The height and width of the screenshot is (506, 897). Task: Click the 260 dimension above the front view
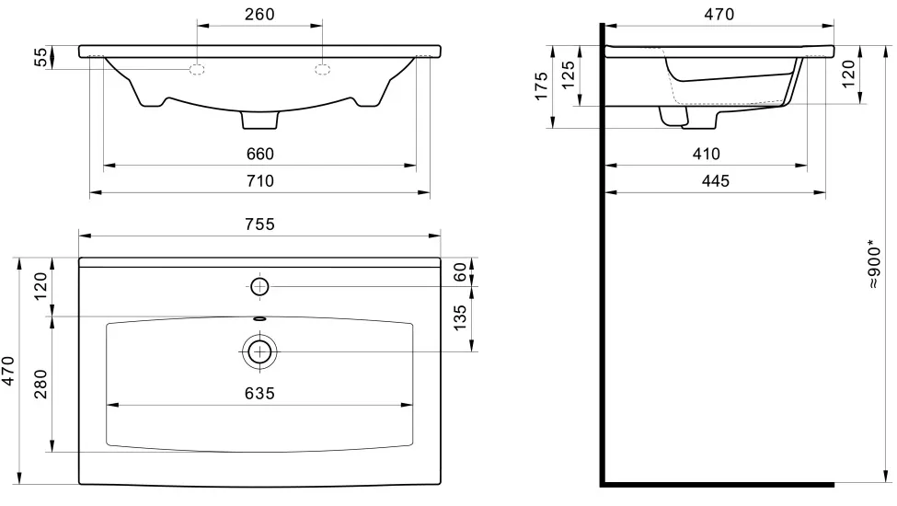pyautogui.click(x=259, y=15)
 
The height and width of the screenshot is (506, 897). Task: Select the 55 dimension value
pyautogui.click(x=41, y=57)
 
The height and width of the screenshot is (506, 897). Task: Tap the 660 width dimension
pyautogui.click(x=260, y=154)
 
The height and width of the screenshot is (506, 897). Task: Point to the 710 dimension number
pyautogui.click(x=260, y=180)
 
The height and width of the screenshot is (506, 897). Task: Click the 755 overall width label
pyautogui.click(x=259, y=224)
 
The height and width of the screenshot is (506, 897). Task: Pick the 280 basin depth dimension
pyautogui.click(x=40, y=385)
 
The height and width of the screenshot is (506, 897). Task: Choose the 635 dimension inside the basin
pyautogui.click(x=259, y=394)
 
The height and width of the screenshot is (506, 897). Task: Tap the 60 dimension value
pyautogui.click(x=461, y=272)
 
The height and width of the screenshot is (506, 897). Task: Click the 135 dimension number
pyautogui.click(x=461, y=317)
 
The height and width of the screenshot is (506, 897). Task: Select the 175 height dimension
pyautogui.click(x=541, y=86)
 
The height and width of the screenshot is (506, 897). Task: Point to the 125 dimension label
pyautogui.click(x=568, y=75)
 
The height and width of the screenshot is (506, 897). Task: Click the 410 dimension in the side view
pyautogui.click(x=706, y=154)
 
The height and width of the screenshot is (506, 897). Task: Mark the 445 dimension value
pyautogui.click(x=716, y=180)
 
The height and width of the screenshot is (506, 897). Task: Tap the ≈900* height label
pyautogui.click(x=873, y=264)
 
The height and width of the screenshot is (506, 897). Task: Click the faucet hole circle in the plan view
pyautogui.click(x=259, y=286)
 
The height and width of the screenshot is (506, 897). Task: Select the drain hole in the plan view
pyautogui.click(x=259, y=351)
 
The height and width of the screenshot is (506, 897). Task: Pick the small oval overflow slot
pyautogui.click(x=259, y=318)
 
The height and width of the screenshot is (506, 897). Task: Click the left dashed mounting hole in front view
pyautogui.click(x=197, y=70)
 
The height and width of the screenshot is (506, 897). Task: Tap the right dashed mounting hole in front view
pyautogui.click(x=322, y=70)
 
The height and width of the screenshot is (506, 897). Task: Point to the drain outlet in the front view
pyautogui.click(x=259, y=121)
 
